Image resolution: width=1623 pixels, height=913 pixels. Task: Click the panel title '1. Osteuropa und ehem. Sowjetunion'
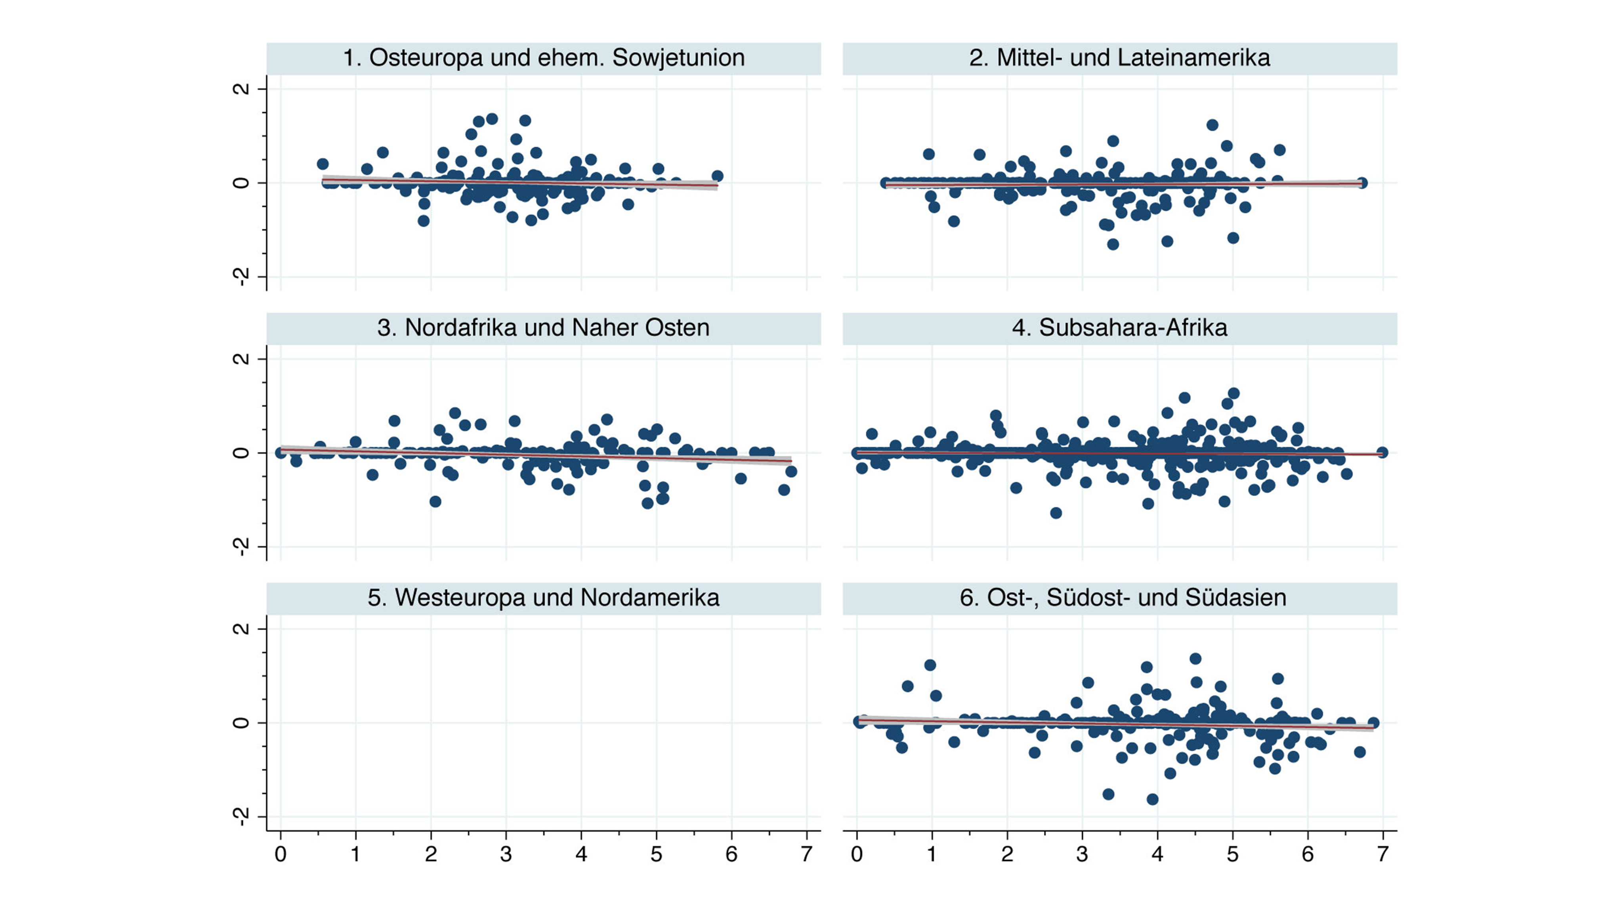coord(543,58)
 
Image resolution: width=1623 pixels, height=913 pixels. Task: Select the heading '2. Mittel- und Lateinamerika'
coord(1119,58)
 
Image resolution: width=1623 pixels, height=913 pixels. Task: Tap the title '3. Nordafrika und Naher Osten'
coord(543,328)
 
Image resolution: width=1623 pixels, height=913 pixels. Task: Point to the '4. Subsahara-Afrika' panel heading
coord(1119,328)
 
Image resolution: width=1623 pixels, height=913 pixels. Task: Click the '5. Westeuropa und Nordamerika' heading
coord(543,597)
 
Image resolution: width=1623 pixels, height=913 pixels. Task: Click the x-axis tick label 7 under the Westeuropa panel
coord(806,854)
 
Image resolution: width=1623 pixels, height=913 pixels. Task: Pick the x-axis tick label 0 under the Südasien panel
coord(856,854)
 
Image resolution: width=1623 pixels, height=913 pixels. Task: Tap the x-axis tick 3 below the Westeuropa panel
coord(506,854)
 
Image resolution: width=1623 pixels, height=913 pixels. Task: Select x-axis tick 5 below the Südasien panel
coord(1232,854)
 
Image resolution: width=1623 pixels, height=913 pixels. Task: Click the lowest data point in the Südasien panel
coord(1152,799)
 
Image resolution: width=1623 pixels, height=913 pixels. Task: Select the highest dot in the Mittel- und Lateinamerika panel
coord(1212,125)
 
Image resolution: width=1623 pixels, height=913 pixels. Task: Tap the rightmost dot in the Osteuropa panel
coord(717,176)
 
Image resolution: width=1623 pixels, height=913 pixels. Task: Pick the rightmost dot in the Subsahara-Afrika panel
coord(1382,453)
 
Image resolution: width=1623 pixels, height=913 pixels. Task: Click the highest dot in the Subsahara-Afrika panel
coord(1233,393)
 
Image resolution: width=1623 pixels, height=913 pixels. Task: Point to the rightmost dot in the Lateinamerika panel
coord(1361,183)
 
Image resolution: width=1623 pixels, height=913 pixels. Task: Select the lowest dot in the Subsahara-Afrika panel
coord(1056,513)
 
